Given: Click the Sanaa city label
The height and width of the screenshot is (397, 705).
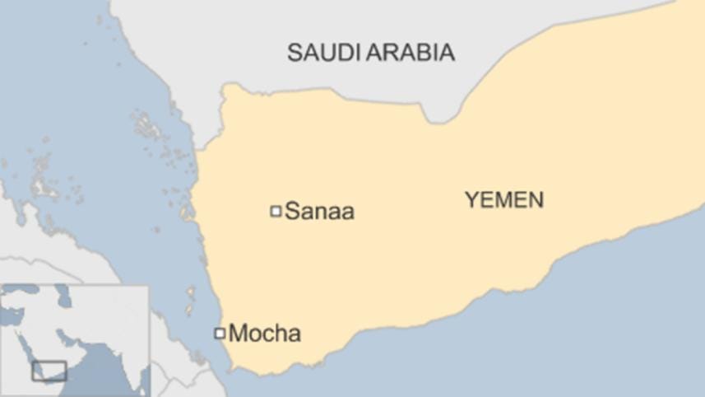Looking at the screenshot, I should pyautogui.click(x=319, y=212).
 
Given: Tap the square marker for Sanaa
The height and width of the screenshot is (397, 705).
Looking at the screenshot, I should pyautogui.click(x=276, y=212).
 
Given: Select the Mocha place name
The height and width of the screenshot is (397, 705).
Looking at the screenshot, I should pyautogui.click(x=264, y=334).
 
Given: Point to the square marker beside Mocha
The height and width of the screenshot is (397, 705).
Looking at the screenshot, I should pyautogui.click(x=220, y=334).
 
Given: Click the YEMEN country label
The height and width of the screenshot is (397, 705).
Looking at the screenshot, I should pyautogui.click(x=504, y=199).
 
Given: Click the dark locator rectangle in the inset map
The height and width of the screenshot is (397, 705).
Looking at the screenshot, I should pyautogui.click(x=49, y=371).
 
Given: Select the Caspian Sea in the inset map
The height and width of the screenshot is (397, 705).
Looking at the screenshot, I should pyautogui.click(x=63, y=298).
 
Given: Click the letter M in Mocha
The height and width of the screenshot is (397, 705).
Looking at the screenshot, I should pyautogui.click(x=238, y=334).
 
